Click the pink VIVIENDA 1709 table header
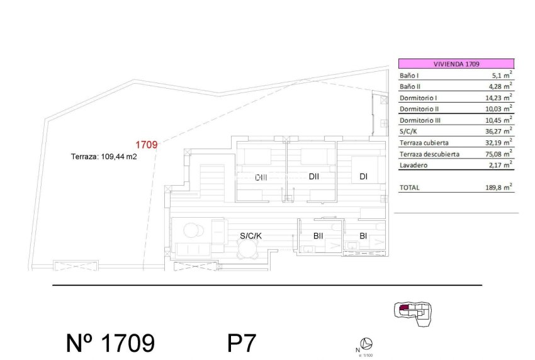[x=456, y=64]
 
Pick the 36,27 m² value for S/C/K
[x=498, y=132]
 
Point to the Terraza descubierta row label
[x=429, y=154]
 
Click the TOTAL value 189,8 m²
[x=498, y=187]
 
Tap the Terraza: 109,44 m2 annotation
[x=104, y=157]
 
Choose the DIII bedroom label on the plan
[x=261, y=177]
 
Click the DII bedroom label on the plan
[x=314, y=176]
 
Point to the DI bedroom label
[x=363, y=176]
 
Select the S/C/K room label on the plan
[x=251, y=236]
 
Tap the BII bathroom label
[x=318, y=236]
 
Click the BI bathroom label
[x=363, y=236]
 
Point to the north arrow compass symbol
[x=368, y=343]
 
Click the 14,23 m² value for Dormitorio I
[x=498, y=98]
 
